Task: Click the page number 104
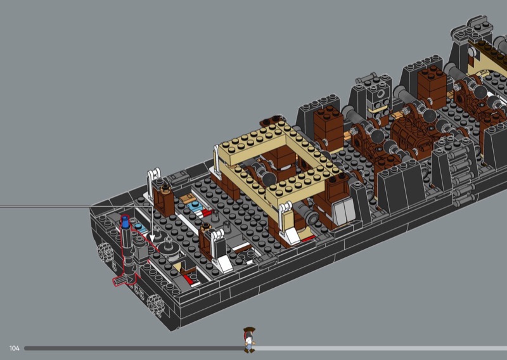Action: [x=14, y=349]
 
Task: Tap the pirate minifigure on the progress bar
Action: [x=249, y=340]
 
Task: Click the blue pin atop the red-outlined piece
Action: [x=125, y=222]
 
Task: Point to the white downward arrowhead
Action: [x=152, y=238]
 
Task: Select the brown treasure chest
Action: [x=410, y=132]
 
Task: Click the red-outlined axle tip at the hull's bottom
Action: [x=119, y=280]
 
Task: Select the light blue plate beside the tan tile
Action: [x=196, y=207]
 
